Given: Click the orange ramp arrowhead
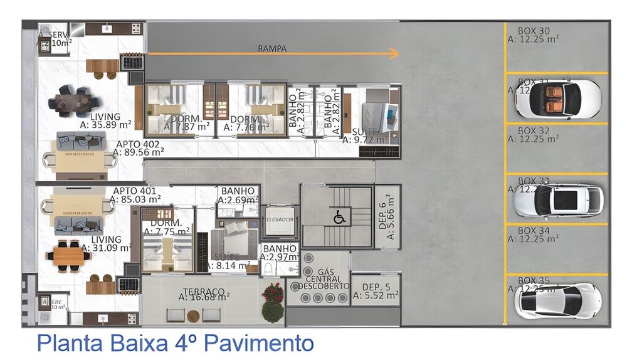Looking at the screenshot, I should tap(394, 54).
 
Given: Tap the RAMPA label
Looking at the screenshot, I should tap(272, 48).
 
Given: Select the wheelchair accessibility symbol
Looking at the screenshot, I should tap(338, 217).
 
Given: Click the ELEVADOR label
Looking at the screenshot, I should tap(280, 220).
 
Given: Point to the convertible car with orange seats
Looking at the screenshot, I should tap(557, 98).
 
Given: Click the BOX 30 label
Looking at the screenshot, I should tap(534, 31).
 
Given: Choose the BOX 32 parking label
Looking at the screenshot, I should tap(534, 131).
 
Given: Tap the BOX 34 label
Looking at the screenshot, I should tap(534, 231).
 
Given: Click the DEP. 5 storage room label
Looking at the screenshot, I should tap(376, 288).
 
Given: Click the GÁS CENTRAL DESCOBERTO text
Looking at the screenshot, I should tap(324, 278).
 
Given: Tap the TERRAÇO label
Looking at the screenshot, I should tap(204, 292).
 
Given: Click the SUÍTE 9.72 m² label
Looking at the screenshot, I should tap(366, 135).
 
